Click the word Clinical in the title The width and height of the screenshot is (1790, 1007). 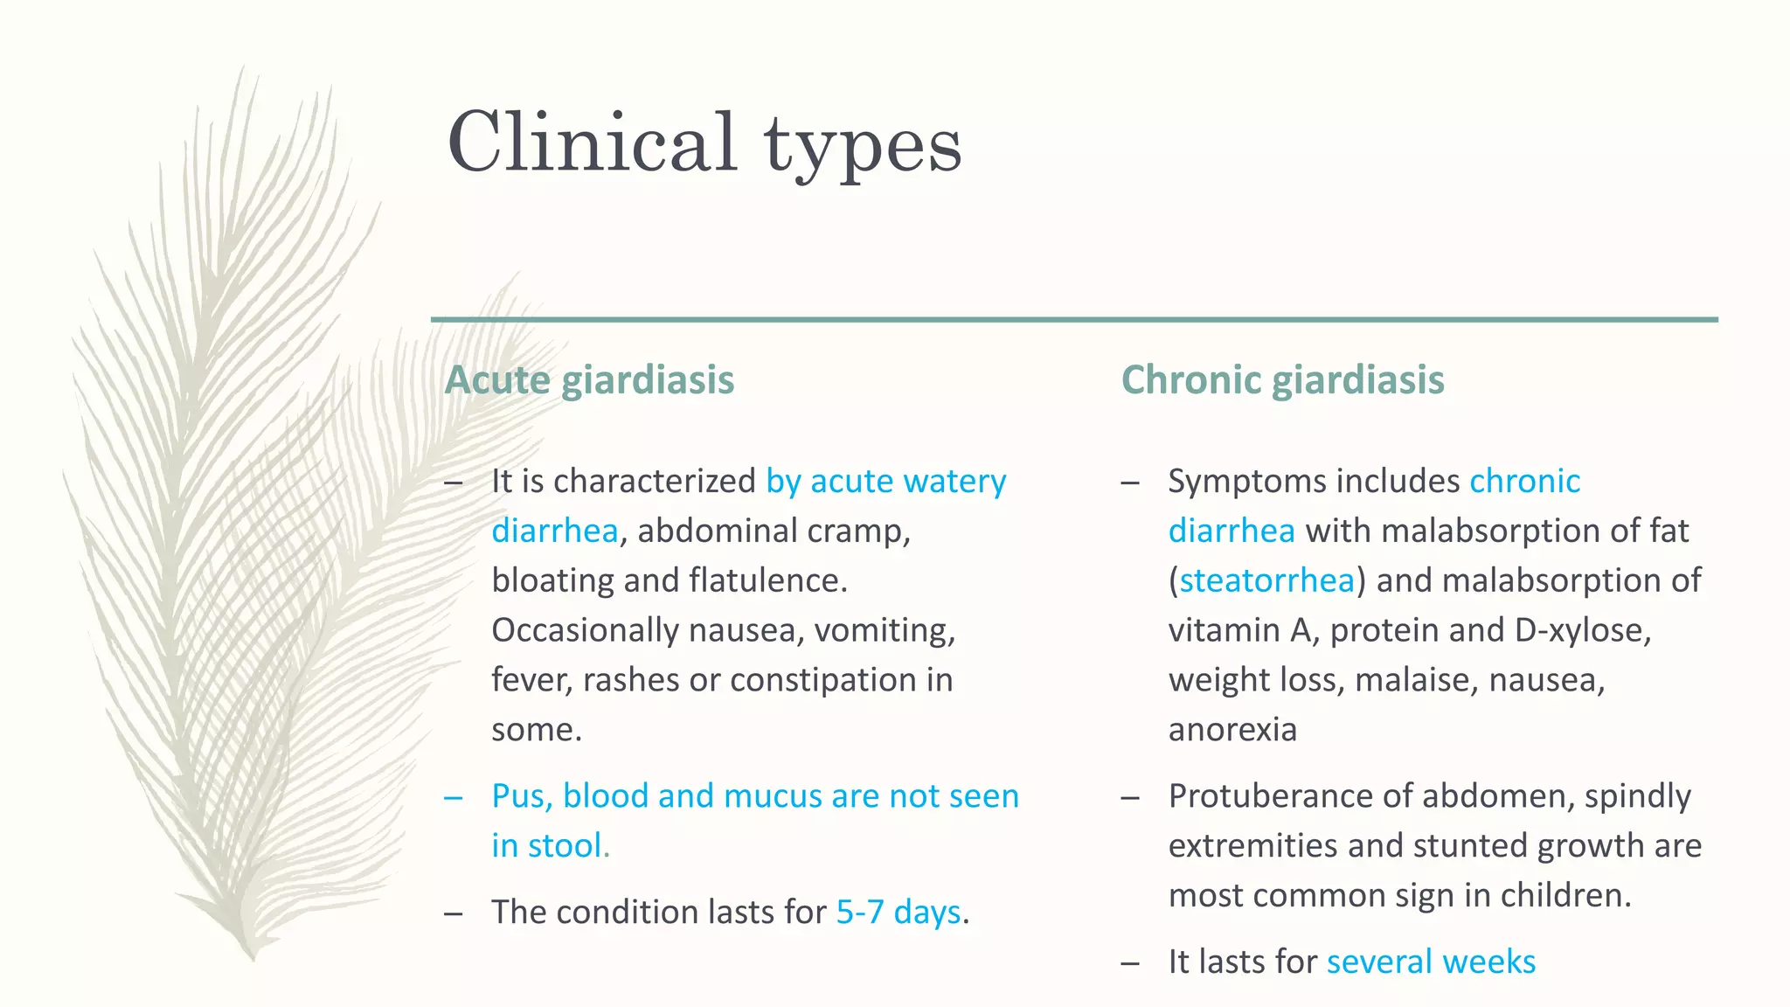coord(592,142)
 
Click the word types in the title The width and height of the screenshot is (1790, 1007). coord(863,147)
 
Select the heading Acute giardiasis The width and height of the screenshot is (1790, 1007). coord(589,380)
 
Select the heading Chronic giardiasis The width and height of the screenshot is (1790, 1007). coord(1282,380)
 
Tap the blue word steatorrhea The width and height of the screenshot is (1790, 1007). coord(1266,580)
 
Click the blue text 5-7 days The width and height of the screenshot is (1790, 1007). coord(898,912)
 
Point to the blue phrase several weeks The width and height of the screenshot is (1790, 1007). coord(1431,962)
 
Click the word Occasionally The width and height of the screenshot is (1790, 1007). coord(585,630)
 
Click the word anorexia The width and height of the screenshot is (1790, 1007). coord(1232,730)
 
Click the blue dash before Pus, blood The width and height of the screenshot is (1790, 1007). coord(453,796)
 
